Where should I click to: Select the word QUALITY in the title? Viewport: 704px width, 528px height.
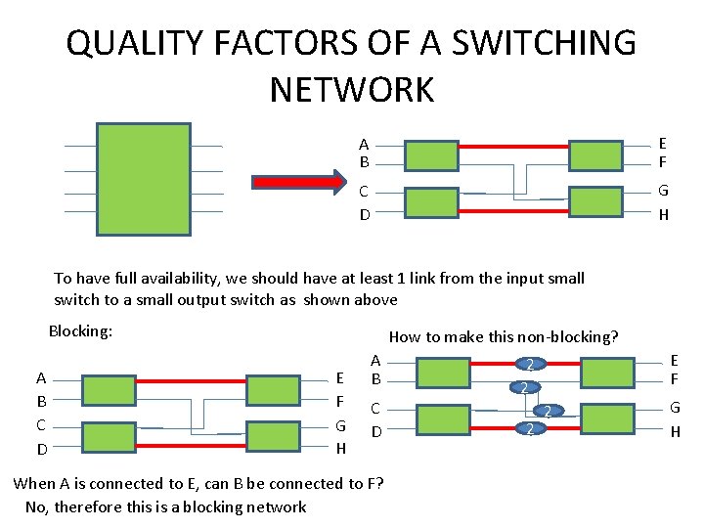(x=131, y=43)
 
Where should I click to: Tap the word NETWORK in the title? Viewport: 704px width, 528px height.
(x=351, y=89)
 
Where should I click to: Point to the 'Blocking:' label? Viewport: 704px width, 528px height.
(x=81, y=331)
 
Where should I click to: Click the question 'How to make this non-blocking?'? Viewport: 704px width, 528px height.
(x=504, y=336)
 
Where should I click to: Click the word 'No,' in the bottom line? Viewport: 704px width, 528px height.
(x=36, y=506)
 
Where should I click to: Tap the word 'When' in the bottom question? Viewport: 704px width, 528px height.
(x=35, y=483)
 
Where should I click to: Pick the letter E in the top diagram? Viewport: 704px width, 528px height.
(x=663, y=143)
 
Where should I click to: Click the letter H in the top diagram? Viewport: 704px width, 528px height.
(x=663, y=216)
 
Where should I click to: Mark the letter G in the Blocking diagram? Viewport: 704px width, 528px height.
(x=340, y=425)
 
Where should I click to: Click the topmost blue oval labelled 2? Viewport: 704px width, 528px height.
(x=529, y=365)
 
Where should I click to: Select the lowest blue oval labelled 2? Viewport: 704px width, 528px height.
(x=528, y=429)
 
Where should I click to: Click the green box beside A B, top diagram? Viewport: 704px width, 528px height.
(x=430, y=155)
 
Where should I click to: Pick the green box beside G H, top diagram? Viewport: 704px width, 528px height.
(x=594, y=202)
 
